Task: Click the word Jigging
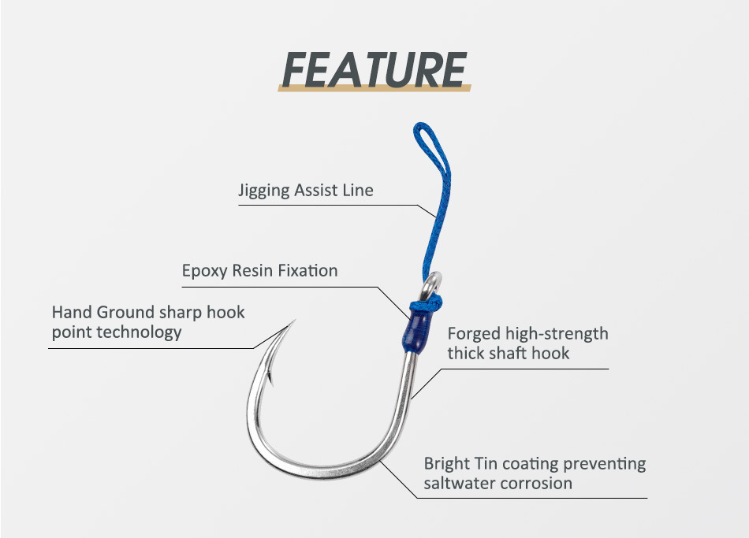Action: (264, 191)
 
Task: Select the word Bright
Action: (447, 463)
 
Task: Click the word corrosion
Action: (535, 483)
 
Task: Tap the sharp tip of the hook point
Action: (293, 321)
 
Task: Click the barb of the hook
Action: (270, 380)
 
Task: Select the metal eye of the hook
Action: (434, 280)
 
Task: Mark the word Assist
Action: (318, 191)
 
